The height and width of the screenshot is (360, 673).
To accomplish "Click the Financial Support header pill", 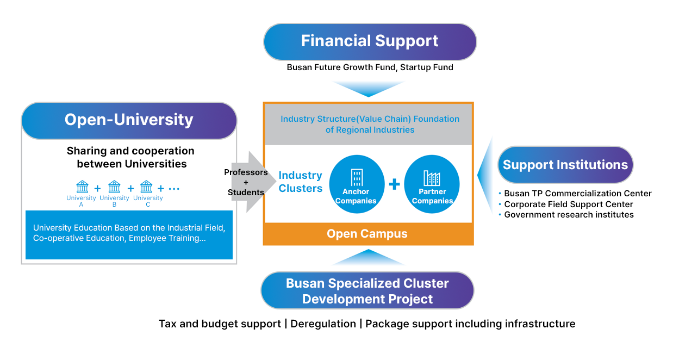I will pos(370,41).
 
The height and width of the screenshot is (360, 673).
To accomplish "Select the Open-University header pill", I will pos(129,120).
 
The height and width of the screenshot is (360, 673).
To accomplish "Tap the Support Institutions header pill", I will pos(565,165).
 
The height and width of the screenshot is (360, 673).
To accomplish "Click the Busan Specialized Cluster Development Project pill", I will pos(367,291).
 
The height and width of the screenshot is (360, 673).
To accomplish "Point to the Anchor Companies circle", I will pos(356,184).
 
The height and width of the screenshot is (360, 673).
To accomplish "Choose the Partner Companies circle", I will pos(432,184).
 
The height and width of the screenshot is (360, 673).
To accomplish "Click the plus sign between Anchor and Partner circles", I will pos(394,184).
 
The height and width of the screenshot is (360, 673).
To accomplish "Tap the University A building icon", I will pos(82,187).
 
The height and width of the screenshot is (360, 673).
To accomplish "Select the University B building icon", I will pos(114,187).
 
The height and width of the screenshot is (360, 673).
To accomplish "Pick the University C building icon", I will pos(146,187).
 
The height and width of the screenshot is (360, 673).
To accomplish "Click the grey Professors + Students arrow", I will pos(246,182).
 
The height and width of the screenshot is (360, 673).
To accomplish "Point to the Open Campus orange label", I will pos(367,234).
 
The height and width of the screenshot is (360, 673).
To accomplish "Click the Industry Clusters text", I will pos(301,182).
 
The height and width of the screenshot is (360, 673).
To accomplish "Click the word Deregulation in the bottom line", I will pos(323,324).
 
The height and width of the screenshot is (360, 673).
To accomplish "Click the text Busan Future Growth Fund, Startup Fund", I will pos(370,68).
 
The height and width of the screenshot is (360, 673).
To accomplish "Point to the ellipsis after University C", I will pos(174,189).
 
